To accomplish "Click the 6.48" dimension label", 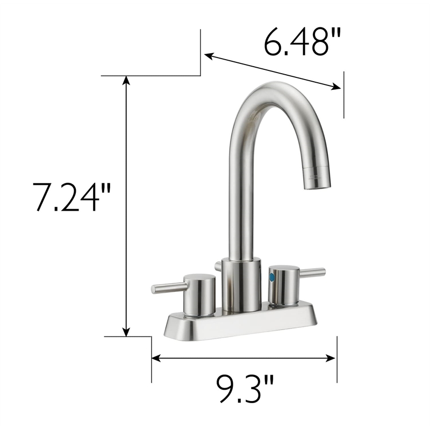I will click(x=303, y=42).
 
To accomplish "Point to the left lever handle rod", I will click(x=167, y=288).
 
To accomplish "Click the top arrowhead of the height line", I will click(x=126, y=80).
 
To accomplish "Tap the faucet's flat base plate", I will click(x=236, y=326).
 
